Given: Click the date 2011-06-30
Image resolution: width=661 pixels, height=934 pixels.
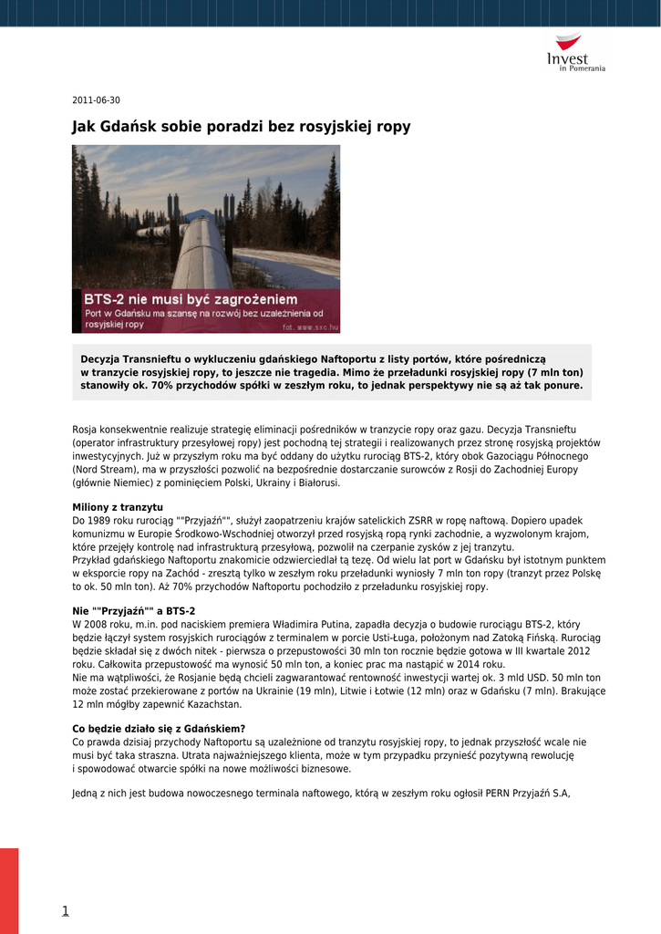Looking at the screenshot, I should pyautogui.click(x=96, y=100).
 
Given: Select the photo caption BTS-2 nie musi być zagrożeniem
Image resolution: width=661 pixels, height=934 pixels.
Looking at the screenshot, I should pyautogui.click(x=191, y=299).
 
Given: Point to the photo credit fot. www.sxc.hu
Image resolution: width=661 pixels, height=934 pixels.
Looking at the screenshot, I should pyautogui.click(x=311, y=326).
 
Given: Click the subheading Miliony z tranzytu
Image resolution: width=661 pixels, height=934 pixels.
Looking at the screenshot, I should pyautogui.click(x=118, y=506).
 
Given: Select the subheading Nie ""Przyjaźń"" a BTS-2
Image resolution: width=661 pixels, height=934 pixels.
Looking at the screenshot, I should pyautogui.click(x=133, y=611).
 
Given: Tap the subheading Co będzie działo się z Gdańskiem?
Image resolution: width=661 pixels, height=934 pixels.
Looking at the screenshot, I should pyautogui.click(x=159, y=728).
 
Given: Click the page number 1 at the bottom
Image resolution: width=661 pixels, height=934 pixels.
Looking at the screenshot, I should pyautogui.click(x=66, y=910).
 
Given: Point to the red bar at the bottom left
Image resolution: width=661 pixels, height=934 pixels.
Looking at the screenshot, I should pyautogui.click(x=9, y=889).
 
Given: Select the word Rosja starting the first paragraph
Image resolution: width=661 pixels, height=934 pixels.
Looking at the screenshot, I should pyautogui.click(x=86, y=429).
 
